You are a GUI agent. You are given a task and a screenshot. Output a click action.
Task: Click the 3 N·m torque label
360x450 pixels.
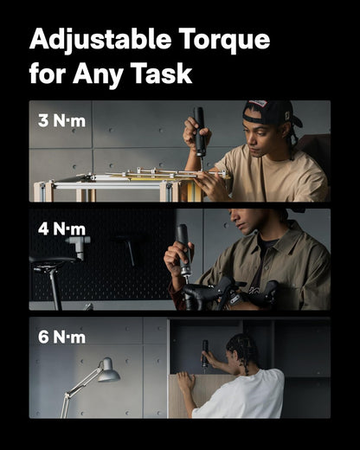point(61,120)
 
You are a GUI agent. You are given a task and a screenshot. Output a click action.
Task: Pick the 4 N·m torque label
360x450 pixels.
point(61,229)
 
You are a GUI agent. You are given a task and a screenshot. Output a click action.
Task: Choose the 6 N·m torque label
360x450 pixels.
point(61,337)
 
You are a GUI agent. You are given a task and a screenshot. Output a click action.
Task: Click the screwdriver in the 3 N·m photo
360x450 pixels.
point(199,131)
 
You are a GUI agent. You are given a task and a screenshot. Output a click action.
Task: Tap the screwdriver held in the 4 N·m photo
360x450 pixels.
point(183,250)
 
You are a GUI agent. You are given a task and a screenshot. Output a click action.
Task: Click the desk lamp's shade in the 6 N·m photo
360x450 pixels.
point(107,374)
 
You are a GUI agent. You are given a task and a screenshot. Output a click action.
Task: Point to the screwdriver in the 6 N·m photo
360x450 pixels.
point(206,354)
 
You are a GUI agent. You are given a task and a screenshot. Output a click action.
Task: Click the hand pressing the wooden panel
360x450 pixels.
point(185,382)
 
